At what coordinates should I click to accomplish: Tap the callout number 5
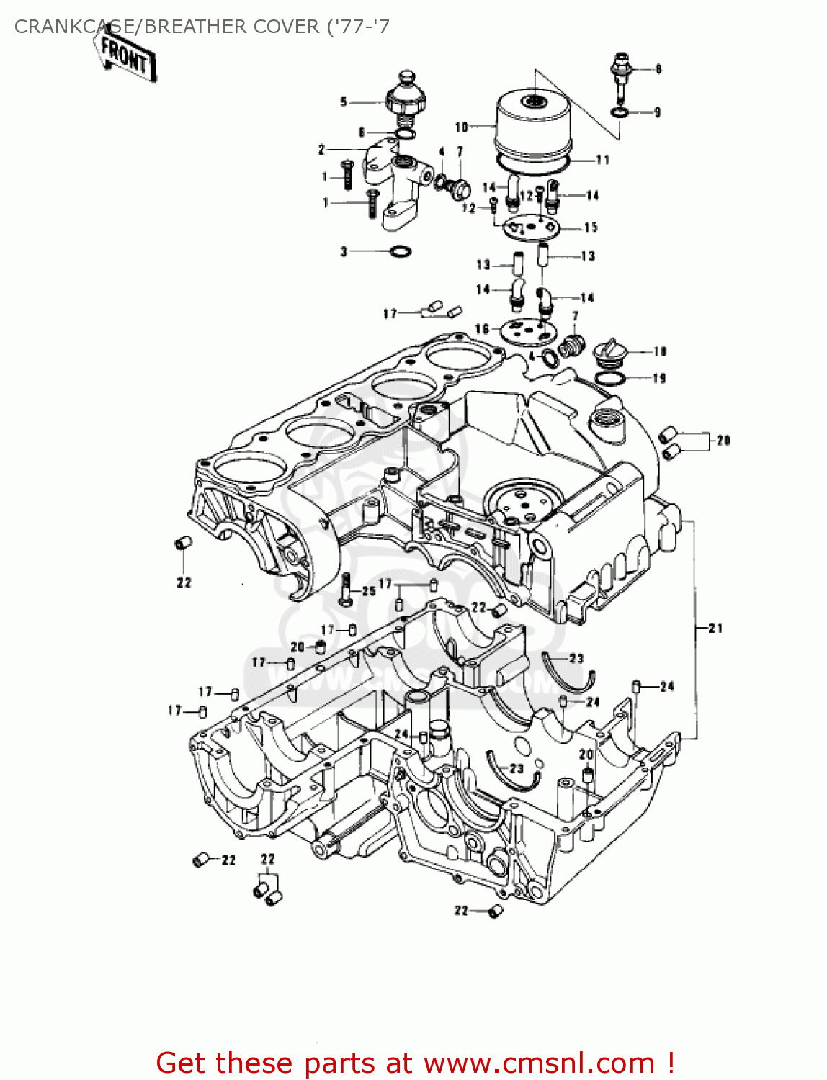click(344, 102)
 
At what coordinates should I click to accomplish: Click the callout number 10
click(462, 127)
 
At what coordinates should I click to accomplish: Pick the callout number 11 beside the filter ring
click(602, 160)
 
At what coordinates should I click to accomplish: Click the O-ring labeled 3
click(401, 252)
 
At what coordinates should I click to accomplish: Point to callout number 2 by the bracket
click(321, 150)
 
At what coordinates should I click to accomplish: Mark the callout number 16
click(481, 329)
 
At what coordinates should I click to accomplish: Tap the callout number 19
click(658, 379)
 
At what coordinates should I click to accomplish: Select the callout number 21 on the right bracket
click(715, 629)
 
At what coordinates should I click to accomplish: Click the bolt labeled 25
click(346, 590)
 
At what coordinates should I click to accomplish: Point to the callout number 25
click(369, 591)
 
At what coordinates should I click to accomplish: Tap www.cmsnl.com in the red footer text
click(539, 1063)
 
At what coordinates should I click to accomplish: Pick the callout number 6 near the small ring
click(362, 132)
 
